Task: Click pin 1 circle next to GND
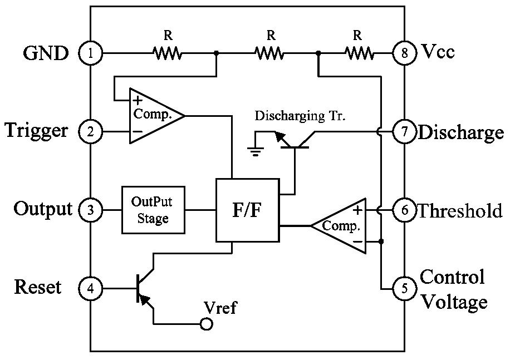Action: [90, 53]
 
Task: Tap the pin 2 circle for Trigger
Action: [90, 131]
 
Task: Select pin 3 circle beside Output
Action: [90, 210]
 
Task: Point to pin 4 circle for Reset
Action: [90, 288]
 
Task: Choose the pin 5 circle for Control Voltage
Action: [404, 288]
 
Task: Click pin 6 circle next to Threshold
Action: [404, 210]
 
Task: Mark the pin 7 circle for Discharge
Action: [404, 131]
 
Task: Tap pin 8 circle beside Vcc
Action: [404, 53]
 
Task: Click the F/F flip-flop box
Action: [248, 210]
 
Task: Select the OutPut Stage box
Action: [153, 210]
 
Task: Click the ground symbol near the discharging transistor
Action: [256, 151]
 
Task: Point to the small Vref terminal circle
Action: [206, 324]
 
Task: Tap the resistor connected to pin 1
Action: [167, 53]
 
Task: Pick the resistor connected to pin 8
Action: [359, 53]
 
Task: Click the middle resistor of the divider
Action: [269, 53]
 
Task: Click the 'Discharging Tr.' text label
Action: [300, 116]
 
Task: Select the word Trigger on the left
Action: [36, 131]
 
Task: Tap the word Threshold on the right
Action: [460, 210]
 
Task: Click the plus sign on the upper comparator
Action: [138, 100]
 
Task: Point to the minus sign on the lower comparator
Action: [357, 241]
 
